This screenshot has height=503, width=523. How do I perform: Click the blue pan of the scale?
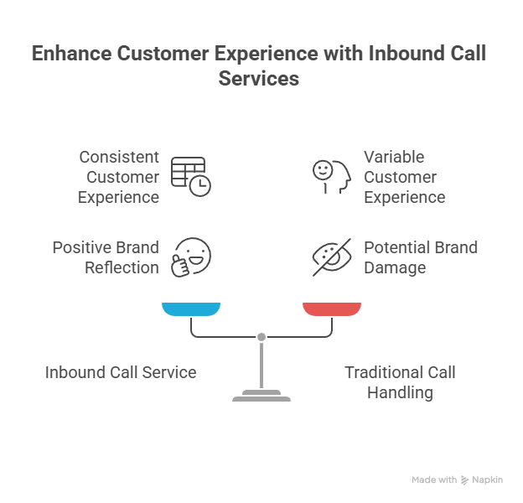click(x=191, y=309)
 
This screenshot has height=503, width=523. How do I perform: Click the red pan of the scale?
click(x=332, y=309)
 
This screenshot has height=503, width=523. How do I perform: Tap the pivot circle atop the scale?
click(x=261, y=337)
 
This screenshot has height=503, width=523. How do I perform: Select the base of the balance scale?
click(x=261, y=396)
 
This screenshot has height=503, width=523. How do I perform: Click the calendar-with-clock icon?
click(x=191, y=176)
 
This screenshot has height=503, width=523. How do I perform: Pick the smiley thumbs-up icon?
click(x=190, y=257)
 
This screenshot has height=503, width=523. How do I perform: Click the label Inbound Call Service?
click(x=121, y=372)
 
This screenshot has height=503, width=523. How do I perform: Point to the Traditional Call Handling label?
click(x=400, y=382)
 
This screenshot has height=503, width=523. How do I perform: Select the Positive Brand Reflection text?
click(x=106, y=257)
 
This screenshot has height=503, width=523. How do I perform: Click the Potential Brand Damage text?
click(x=421, y=257)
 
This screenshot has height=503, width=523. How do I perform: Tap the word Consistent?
click(x=119, y=157)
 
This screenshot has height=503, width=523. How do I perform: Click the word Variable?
click(x=394, y=157)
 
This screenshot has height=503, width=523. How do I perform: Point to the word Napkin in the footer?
click(x=488, y=480)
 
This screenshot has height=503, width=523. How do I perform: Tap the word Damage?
click(x=395, y=267)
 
